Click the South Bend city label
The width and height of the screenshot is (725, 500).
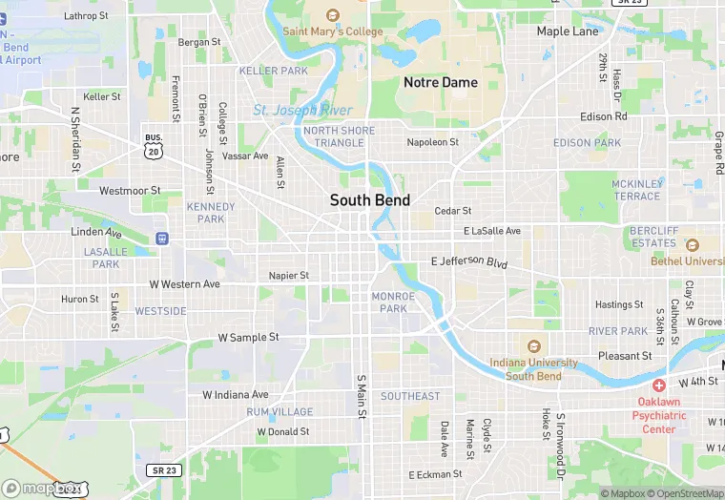tap(370, 200)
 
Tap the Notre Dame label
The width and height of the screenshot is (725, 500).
tap(441, 83)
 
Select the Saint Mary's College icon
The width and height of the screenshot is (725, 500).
tap(332, 14)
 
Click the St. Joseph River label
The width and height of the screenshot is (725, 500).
tap(302, 111)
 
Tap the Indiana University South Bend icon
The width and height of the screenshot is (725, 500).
tap(533, 346)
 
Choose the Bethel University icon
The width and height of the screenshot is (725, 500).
tap(692, 245)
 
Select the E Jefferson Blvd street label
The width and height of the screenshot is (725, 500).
tap(469, 260)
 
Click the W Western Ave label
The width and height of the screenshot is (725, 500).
tap(185, 284)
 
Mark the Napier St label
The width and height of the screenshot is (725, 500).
tap(289, 276)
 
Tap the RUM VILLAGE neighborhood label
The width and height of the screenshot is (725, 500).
tap(280, 412)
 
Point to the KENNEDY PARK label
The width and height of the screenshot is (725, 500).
tap(211, 213)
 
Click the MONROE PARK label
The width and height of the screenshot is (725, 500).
tap(393, 302)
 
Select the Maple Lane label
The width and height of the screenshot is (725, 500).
tap(568, 31)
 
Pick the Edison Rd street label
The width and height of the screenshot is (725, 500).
tap(604, 116)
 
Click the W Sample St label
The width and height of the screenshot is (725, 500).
tap(248, 338)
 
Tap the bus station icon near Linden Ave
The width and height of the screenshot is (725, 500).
tap(162, 238)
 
